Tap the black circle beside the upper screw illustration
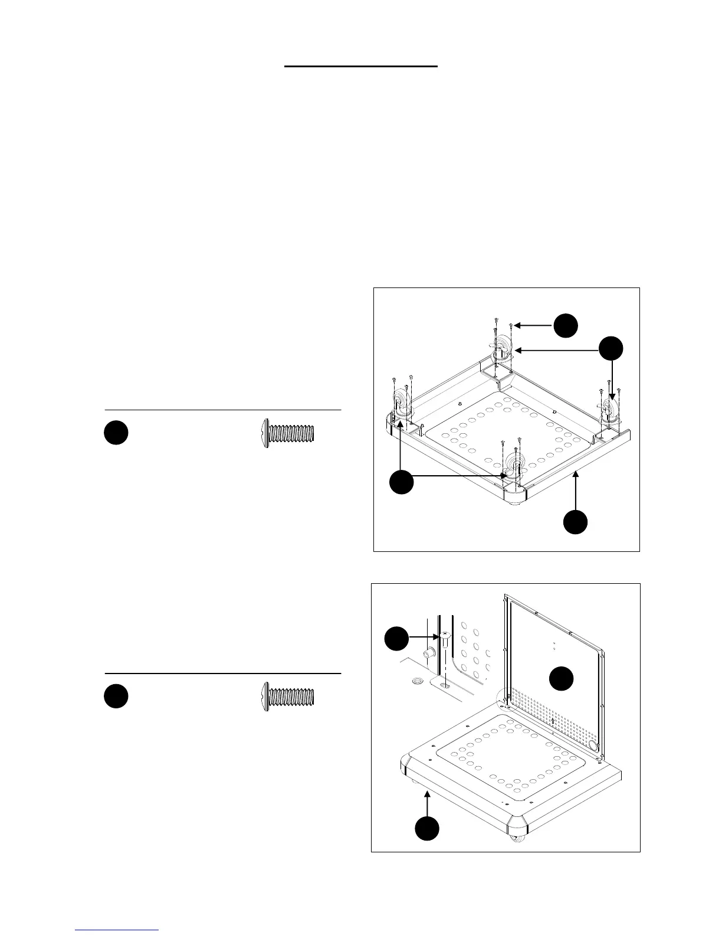click(116, 432)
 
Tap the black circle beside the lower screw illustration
click(116, 695)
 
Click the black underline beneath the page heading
click(361, 67)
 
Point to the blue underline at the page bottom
click(117, 930)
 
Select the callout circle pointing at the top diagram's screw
click(565, 325)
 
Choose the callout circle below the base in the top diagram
click(575, 522)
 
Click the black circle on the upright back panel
click(562, 679)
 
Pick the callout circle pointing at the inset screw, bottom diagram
click(396, 640)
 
